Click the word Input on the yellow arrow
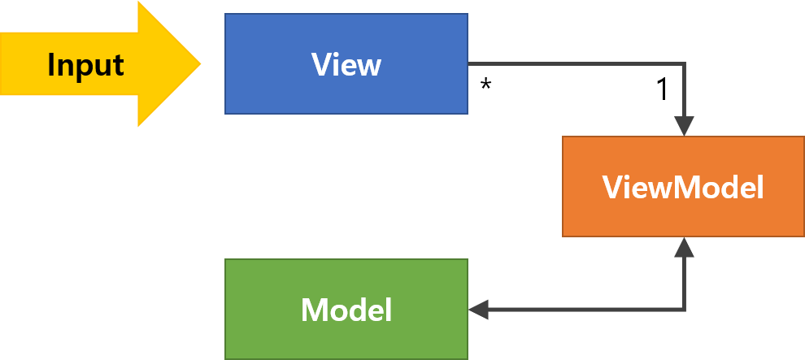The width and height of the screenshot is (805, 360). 85,65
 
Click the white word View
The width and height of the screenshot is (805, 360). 346,64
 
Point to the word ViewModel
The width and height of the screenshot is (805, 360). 683,188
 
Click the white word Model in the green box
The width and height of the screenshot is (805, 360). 346,310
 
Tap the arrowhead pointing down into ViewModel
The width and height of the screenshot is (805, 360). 684,126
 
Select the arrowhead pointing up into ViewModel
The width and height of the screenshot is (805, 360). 684,247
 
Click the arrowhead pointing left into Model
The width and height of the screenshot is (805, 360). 478,309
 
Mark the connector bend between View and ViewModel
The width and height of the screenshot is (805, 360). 684,64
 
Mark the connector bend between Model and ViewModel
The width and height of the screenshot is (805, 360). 684,309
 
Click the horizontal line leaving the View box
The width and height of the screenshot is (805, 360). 569,64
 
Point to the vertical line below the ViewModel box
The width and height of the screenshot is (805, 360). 684,280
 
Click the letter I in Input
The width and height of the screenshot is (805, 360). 51,64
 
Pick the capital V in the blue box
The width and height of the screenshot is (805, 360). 321,64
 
